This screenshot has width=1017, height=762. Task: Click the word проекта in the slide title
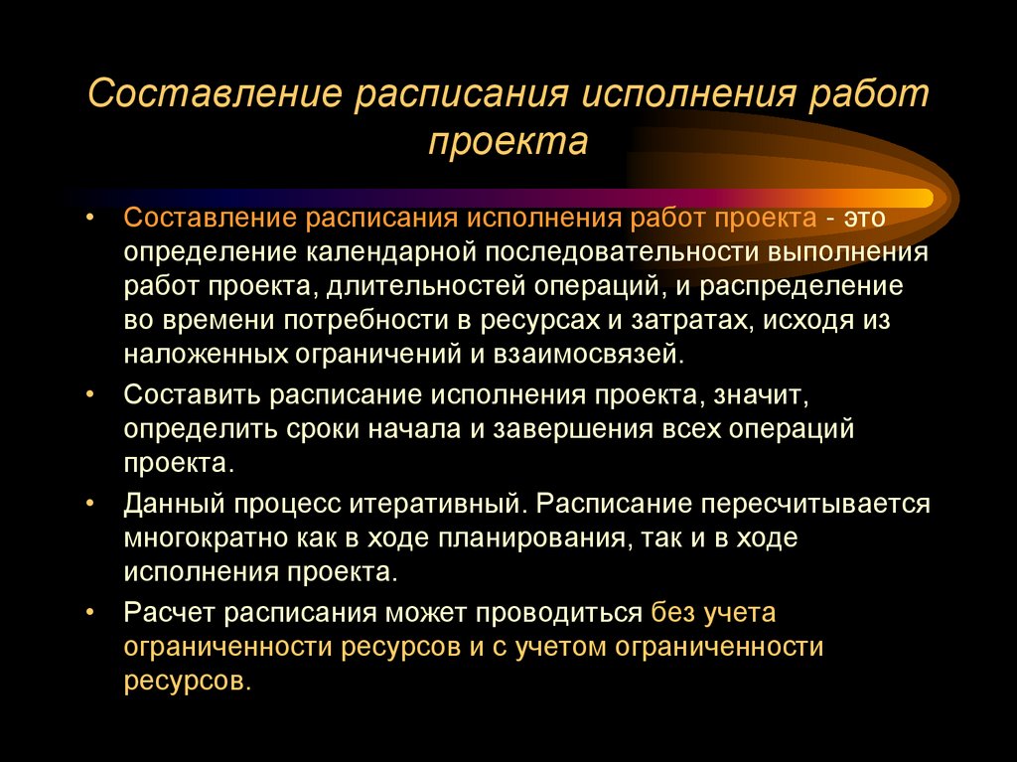tap(508, 141)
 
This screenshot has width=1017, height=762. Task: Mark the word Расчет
tap(165, 613)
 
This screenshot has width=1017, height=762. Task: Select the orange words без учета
tap(713, 613)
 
